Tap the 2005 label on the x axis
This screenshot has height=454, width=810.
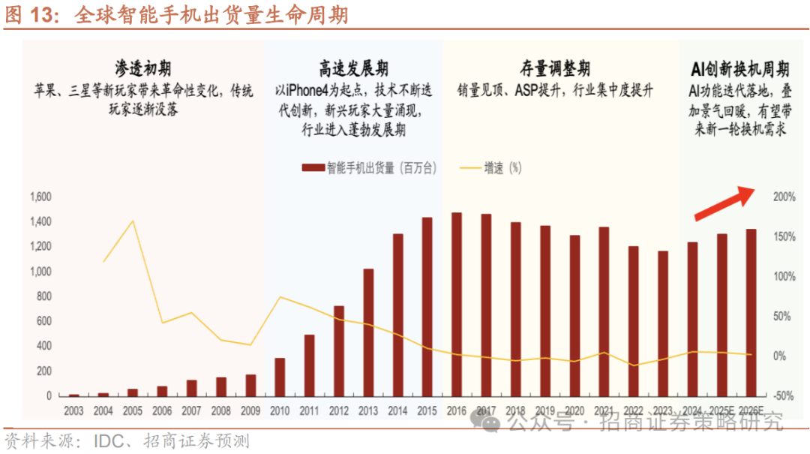click(x=133, y=410)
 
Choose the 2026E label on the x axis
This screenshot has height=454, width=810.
click(x=750, y=410)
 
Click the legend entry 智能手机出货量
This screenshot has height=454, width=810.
click(x=372, y=168)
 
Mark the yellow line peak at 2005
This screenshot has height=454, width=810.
click(x=133, y=221)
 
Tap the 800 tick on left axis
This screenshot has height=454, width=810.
click(x=42, y=296)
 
